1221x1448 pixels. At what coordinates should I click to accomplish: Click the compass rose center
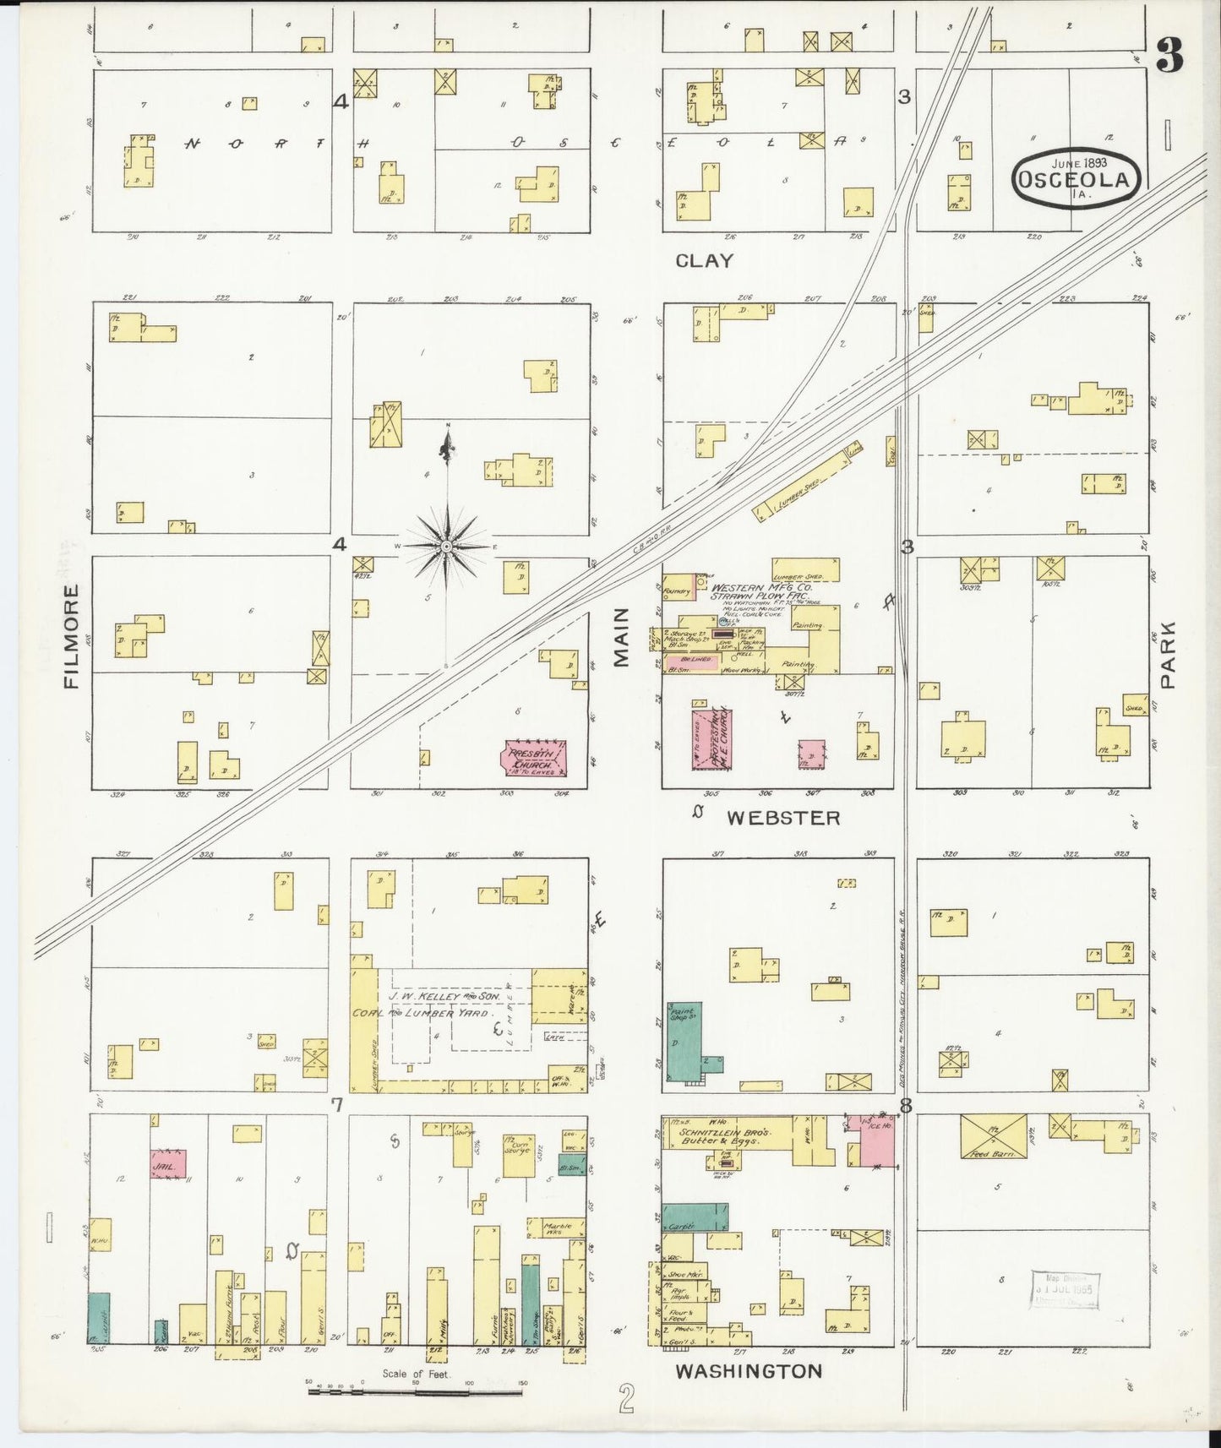coord(446,547)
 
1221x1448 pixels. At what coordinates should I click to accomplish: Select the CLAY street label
coord(704,261)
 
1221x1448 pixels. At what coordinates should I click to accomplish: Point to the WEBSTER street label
coord(783,818)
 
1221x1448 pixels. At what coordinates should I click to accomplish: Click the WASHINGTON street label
coord(748,1371)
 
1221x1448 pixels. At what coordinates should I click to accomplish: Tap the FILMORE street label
coord(72,635)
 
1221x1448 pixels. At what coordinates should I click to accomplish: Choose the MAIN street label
coord(623,637)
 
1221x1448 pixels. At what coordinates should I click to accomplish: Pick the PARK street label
coord(1168,655)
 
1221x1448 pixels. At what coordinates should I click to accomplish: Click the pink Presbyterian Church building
coord(534,758)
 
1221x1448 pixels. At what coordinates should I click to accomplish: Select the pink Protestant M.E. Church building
coord(711,738)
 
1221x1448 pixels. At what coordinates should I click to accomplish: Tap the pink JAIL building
coord(167,1164)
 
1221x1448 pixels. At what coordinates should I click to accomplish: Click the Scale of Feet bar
coord(414,1391)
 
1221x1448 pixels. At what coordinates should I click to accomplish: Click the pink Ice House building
coord(875,1140)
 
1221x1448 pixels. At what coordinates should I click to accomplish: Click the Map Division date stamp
coord(1064,1290)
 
